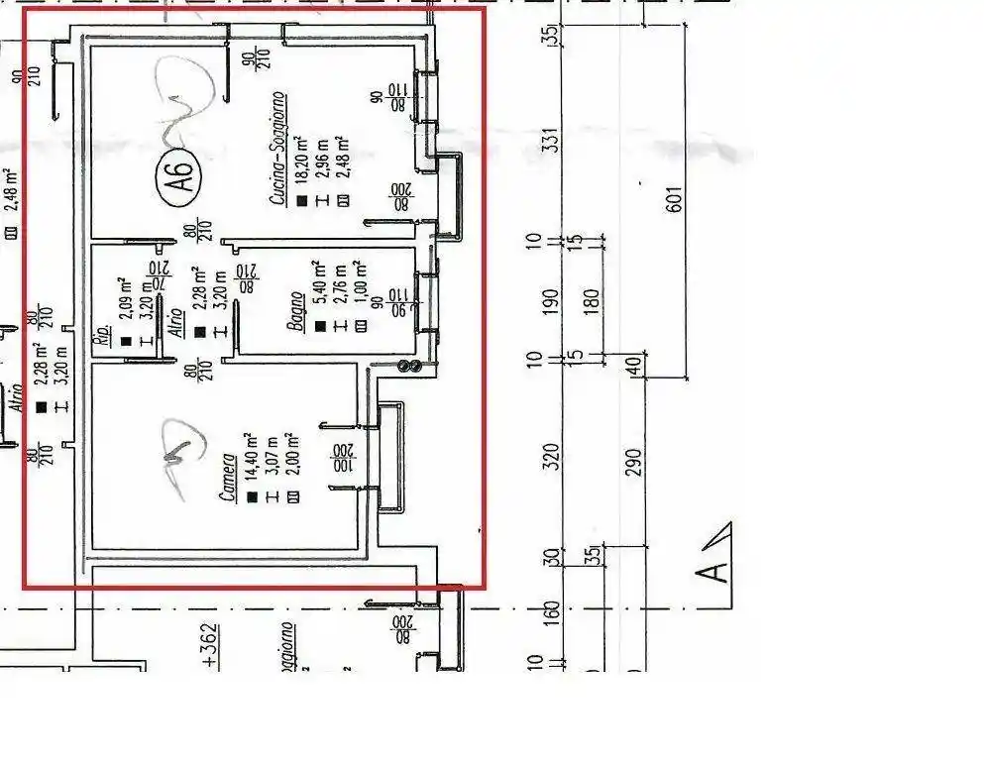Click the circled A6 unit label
tap(179, 179)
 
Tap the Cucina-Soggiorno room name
tap(278, 149)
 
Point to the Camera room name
tap(229, 478)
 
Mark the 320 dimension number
tap(553, 455)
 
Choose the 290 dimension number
tap(634, 461)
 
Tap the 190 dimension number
tap(553, 297)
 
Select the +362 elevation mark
tap(208, 649)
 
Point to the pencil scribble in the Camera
tap(177, 454)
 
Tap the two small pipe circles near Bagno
tap(408, 367)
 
